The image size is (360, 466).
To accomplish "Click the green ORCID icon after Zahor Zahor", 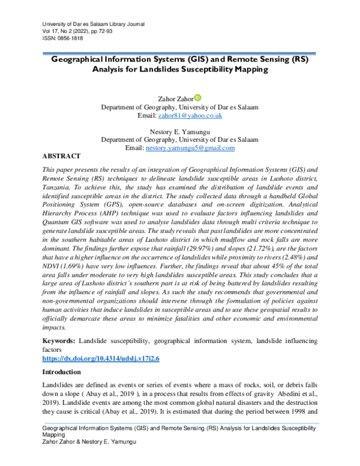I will click(x=198, y=97).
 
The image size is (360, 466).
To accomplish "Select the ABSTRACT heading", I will click(x=62, y=156).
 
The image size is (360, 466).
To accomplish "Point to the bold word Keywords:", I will click(x=58, y=340).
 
